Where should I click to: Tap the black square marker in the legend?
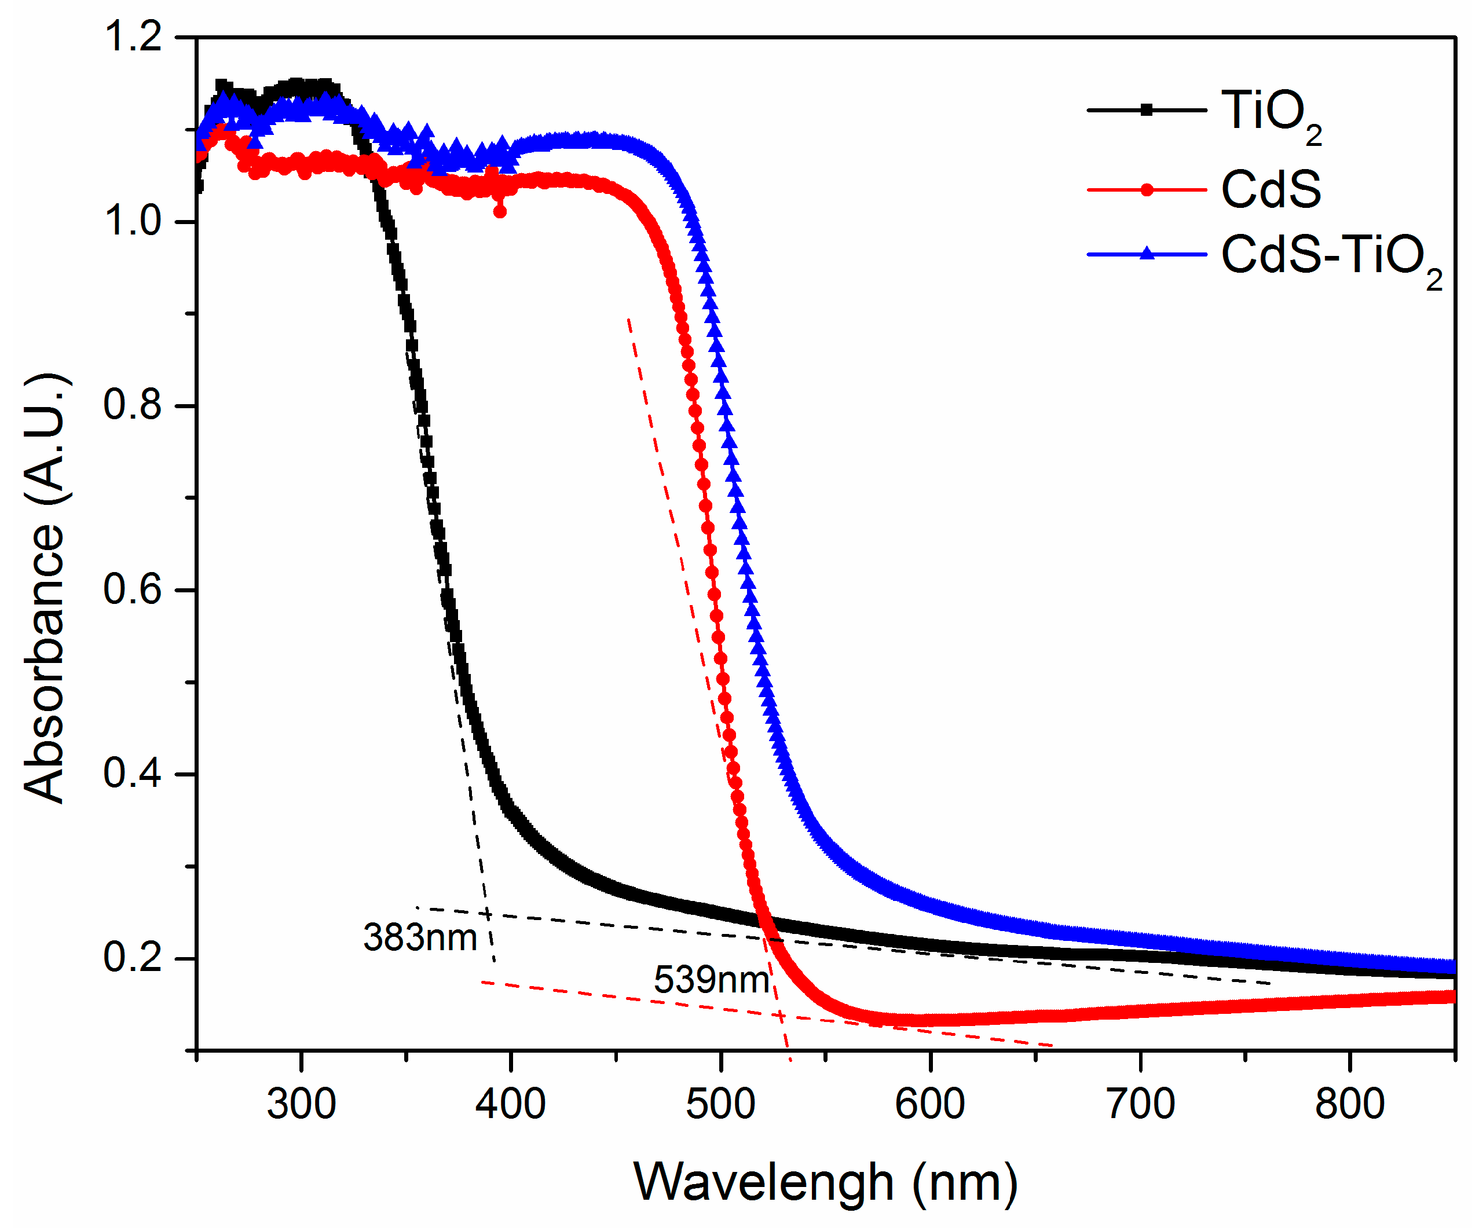pos(1146,109)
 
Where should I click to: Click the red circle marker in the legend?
pos(1146,189)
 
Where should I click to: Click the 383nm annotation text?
pos(420,937)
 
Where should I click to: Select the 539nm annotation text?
pos(711,980)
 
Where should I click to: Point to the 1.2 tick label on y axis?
pos(133,36)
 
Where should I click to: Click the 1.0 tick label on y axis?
pos(133,221)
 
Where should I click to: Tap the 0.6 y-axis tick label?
pos(133,589)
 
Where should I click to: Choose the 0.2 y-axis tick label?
pos(133,958)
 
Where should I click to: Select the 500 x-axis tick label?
pos(720,1104)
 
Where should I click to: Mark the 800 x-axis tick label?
pos(1349,1104)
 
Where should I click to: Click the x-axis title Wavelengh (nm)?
pos(825,1182)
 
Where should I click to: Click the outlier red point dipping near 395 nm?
pos(499,211)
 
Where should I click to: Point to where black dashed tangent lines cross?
pos(486,914)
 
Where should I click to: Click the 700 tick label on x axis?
pos(1140,1104)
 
